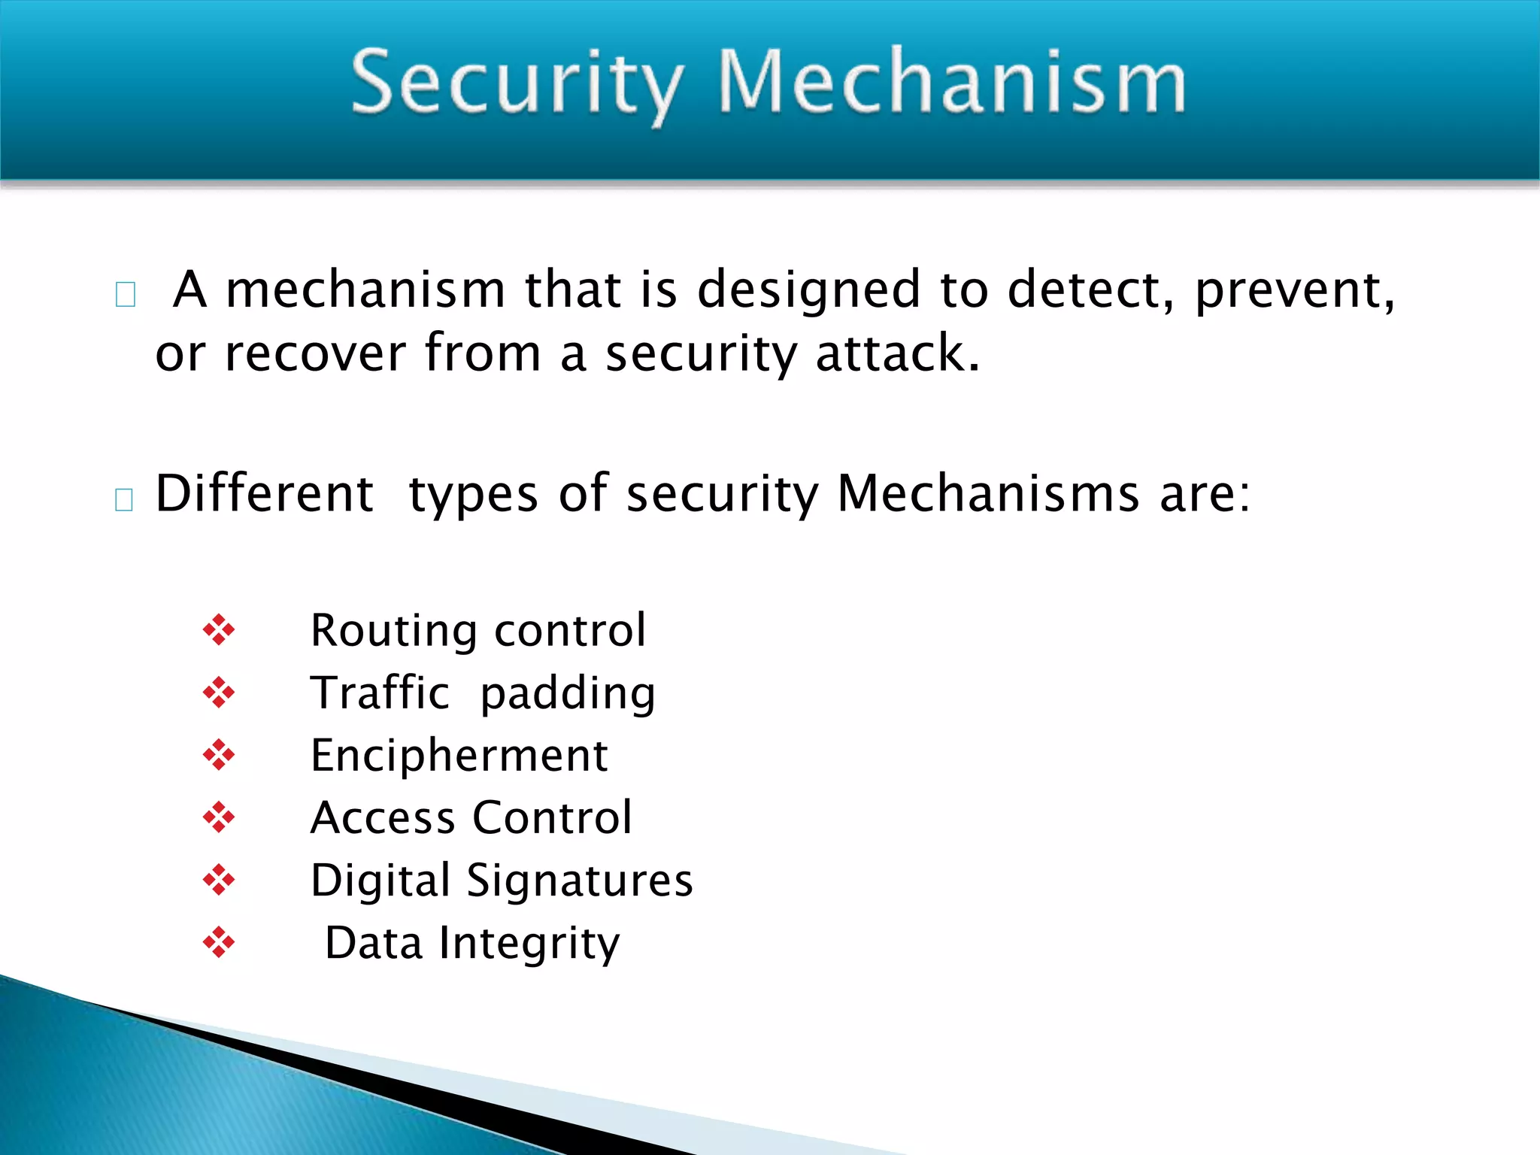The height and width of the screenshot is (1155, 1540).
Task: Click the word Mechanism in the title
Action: tap(952, 81)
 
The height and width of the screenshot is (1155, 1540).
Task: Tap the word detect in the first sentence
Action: tap(1090, 290)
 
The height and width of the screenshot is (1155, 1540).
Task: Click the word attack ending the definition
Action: tap(897, 353)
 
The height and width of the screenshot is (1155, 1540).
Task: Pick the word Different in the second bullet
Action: tap(264, 494)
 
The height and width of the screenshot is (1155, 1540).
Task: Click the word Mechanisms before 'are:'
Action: tap(988, 494)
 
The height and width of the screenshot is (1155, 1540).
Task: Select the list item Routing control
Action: tap(478, 630)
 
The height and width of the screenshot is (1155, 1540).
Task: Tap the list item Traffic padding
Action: tap(483, 693)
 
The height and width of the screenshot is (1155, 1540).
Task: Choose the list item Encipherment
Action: tap(459, 755)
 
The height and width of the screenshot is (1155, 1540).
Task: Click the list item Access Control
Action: tap(471, 817)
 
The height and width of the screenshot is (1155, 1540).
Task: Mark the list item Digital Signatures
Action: tap(502, 881)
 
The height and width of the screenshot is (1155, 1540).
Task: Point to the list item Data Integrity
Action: tap(472, 943)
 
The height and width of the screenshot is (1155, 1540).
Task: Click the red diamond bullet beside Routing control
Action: tap(219, 629)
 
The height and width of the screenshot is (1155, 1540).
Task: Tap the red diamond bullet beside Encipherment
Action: tap(219, 755)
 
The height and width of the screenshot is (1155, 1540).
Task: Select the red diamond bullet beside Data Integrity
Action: tap(219, 942)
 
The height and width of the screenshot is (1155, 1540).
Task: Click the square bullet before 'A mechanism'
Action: tap(126, 294)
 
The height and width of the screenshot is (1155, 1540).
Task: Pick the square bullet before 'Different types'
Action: tap(124, 499)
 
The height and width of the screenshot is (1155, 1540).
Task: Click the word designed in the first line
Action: tap(808, 290)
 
